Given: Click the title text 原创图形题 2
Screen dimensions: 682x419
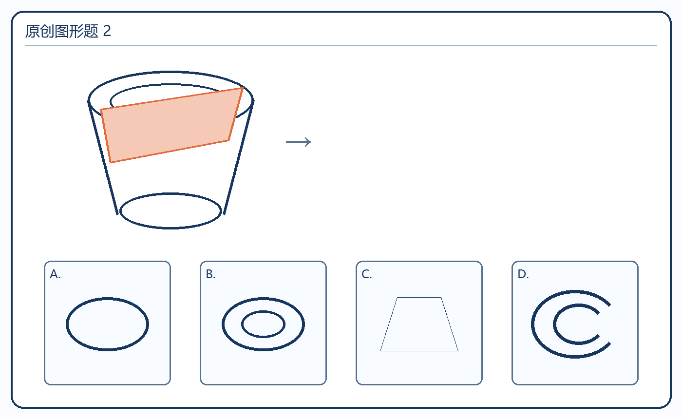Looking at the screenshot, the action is pyautogui.click(x=68, y=31).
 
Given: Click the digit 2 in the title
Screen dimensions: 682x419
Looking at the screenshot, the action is pyautogui.click(x=107, y=31).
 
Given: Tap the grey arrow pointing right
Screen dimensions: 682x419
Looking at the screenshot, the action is pyautogui.click(x=298, y=142).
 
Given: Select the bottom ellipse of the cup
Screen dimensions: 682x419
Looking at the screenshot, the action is pyautogui.click(x=170, y=228).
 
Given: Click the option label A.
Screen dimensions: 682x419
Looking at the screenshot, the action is pyautogui.click(x=55, y=274).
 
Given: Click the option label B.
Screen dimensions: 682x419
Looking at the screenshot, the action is pyautogui.click(x=210, y=274).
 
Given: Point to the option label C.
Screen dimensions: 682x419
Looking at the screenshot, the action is pyautogui.click(x=366, y=274).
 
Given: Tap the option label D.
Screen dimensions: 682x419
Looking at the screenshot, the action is pyautogui.click(x=523, y=274).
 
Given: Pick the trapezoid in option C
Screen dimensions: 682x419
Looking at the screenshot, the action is pyautogui.click(x=419, y=351).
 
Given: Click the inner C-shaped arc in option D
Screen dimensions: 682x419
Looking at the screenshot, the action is pyautogui.click(x=554, y=324).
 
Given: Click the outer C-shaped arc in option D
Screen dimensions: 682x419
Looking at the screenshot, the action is pyautogui.click(x=532, y=324).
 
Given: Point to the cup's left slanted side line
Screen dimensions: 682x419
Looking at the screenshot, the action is pyautogui.click(x=103, y=158).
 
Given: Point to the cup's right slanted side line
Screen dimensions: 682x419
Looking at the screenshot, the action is pyautogui.click(x=238, y=158).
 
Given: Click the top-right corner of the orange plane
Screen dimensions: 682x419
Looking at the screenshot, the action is pyautogui.click(x=243, y=88).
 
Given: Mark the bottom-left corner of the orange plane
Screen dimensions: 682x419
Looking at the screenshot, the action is pyautogui.click(x=110, y=163).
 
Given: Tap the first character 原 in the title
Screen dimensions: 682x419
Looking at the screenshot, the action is pyautogui.click(x=32, y=31).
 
